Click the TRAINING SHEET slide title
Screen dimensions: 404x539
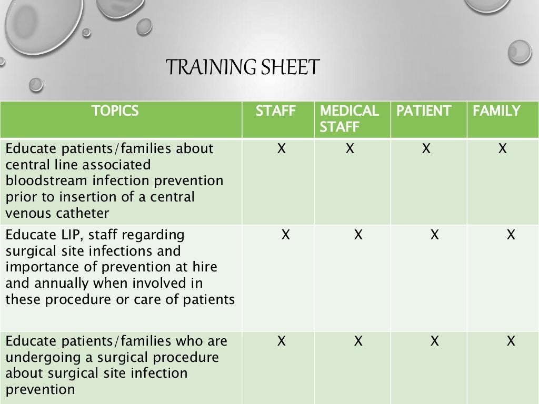(243, 68)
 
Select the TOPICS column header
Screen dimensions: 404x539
(115, 111)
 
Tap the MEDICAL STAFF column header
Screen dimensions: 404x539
(349, 119)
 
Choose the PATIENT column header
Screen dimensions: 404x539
(424, 111)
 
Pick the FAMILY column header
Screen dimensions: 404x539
(496, 111)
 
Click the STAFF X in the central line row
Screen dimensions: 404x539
(282, 149)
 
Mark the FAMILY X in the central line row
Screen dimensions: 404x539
(502, 149)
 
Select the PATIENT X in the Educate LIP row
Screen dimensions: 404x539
(434, 235)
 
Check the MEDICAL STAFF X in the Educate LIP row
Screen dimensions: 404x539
(358, 235)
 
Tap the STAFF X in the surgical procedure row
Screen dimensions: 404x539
(282, 341)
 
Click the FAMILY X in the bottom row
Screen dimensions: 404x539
(510, 341)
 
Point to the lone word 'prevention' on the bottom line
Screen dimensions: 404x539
(40, 390)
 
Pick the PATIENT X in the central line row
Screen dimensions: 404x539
(426, 149)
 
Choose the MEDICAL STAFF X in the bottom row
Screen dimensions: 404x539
(358, 341)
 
